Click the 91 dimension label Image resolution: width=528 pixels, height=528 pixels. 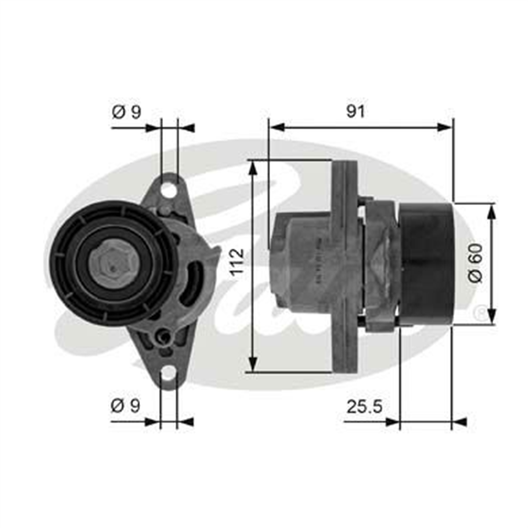tap(356, 112)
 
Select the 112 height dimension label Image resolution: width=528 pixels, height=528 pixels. tap(237, 261)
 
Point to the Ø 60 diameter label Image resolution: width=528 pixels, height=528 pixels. tap(476, 263)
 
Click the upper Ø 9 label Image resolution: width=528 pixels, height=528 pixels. tap(126, 112)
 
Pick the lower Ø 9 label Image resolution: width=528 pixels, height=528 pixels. tap(125, 406)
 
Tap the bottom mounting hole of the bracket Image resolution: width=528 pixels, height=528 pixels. tap(168, 374)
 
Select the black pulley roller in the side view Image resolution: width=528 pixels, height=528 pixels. tap(426, 264)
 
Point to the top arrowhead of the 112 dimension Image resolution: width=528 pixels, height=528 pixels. tap(253, 167)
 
